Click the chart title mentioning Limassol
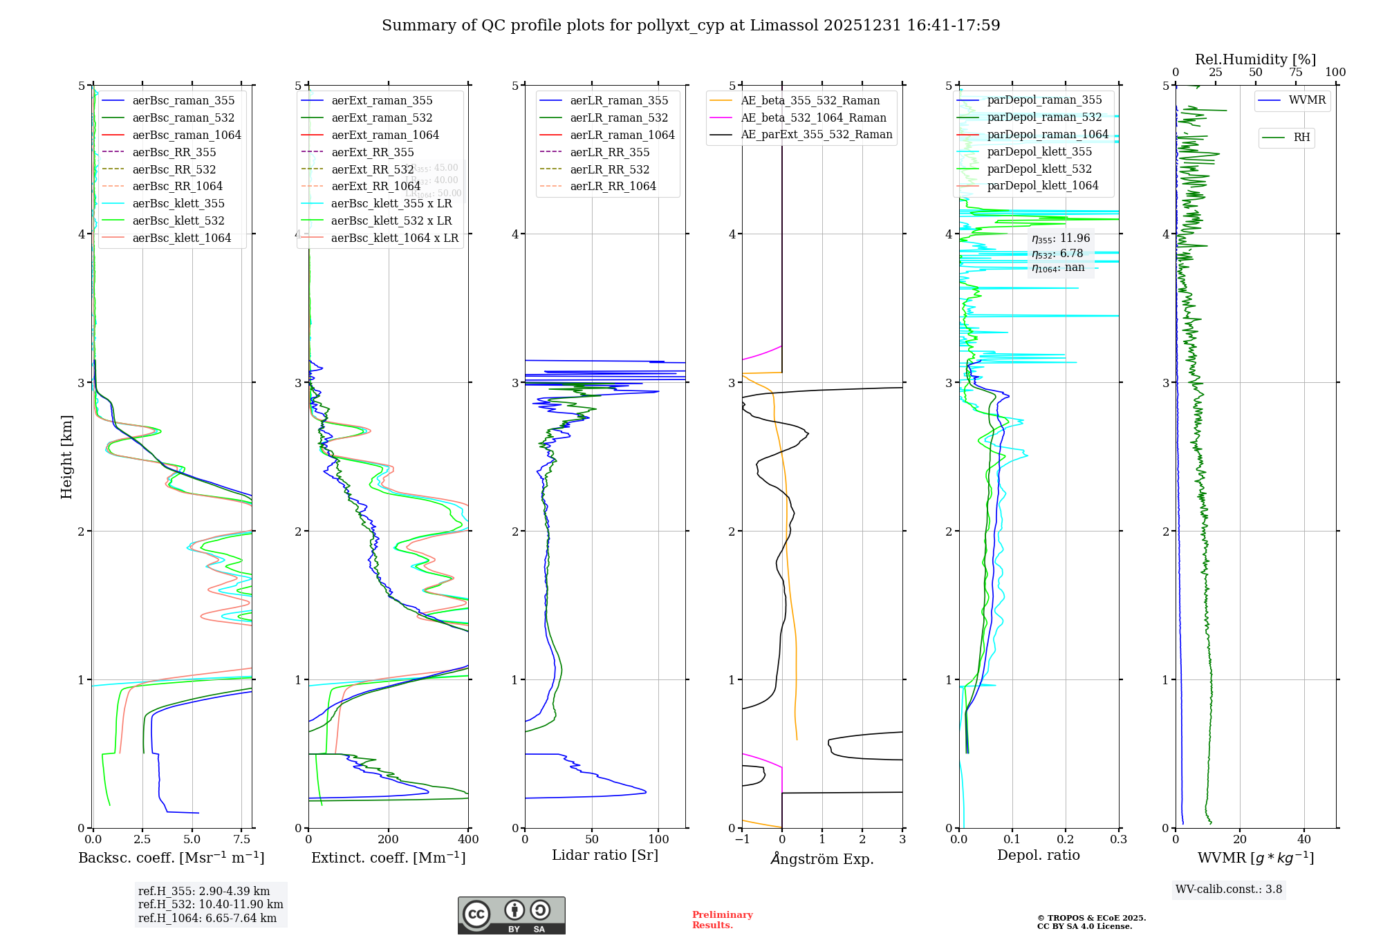click(x=691, y=26)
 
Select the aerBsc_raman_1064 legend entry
click(x=187, y=135)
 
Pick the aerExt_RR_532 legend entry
click(x=373, y=169)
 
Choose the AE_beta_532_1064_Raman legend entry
click(x=813, y=117)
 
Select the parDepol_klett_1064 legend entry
click(x=1043, y=185)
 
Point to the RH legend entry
click(x=1301, y=138)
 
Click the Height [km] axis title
click(x=66, y=457)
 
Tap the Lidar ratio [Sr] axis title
click(x=605, y=855)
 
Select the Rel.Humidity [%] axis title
click(x=1255, y=59)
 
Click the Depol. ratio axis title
click(x=1038, y=855)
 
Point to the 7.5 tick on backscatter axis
click(x=241, y=840)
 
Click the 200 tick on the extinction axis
click(x=389, y=840)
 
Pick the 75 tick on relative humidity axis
click(x=1295, y=73)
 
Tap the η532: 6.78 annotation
click(x=1057, y=254)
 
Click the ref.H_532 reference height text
click(x=210, y=904)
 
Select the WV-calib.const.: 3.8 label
click(x=1229, y=890)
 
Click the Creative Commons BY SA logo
click(x=511, y=916)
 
